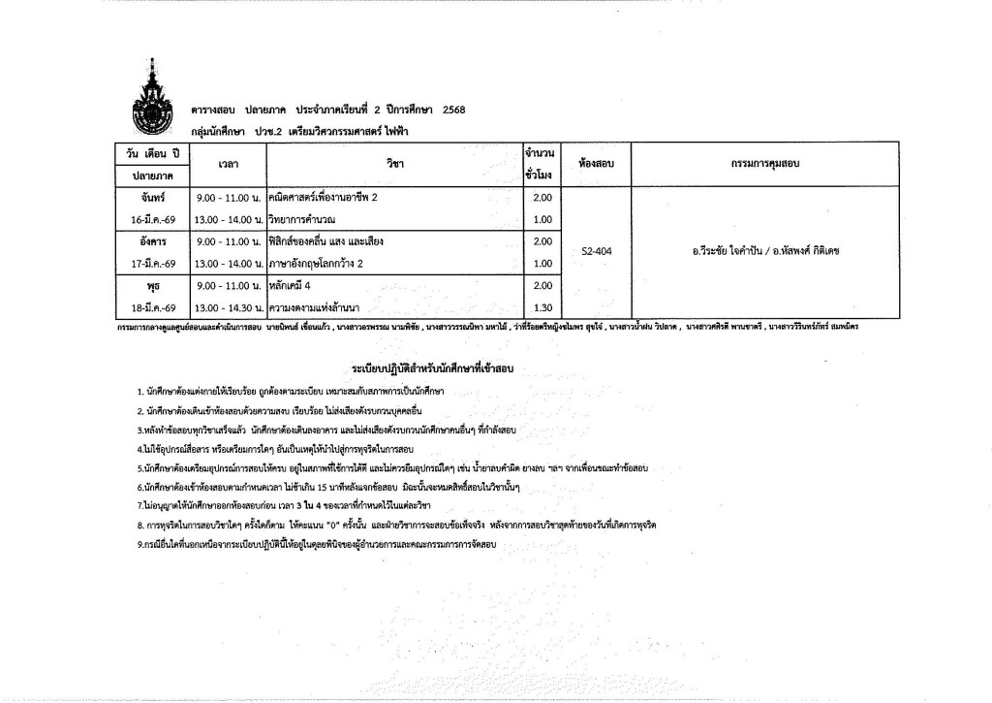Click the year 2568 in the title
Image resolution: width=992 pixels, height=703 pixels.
(453, 111)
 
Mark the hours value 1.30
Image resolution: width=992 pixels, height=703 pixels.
(542, 307)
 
